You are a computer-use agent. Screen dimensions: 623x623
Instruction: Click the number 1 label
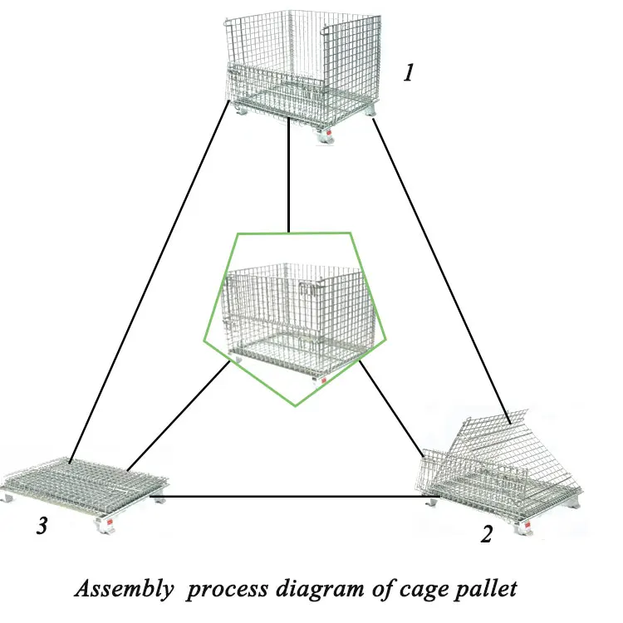tap(409, 73)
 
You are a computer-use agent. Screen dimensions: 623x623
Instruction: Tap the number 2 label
tap(486, 532)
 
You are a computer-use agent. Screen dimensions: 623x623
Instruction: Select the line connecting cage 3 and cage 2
tap(291, 497)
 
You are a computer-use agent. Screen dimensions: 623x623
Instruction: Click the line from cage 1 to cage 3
tap(150, 282)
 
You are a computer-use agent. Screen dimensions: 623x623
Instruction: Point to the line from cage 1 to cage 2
tap(440, 266)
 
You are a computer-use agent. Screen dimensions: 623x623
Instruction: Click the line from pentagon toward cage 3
tap(179, 415)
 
